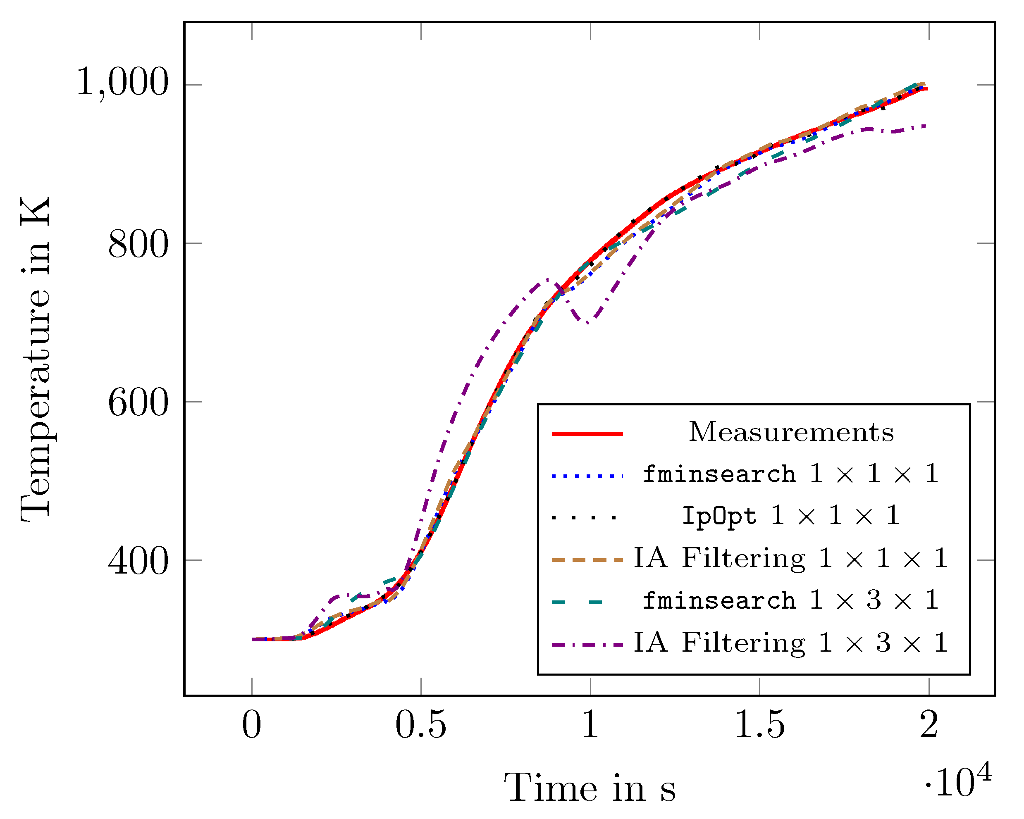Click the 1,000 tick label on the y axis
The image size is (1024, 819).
(x=122, y=82)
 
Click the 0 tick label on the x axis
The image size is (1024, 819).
(x=252, y=726)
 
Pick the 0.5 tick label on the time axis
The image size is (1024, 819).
(x=421, y=726)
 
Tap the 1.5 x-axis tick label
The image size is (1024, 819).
(x=759, y=726)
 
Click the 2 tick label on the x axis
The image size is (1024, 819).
(x=929, y=726)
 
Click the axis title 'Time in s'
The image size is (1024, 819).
(x=590, y=788)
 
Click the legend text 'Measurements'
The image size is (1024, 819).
(x=791, y=432)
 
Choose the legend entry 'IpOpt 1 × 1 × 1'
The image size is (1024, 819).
(x=791, y=516)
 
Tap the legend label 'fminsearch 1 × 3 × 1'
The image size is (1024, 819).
(x=791, y=600)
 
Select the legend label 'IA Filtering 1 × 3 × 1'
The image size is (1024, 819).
(x=791, y=643)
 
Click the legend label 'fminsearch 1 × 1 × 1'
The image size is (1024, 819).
(x=791, y=474)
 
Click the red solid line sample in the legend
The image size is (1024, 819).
(x=587, y=434)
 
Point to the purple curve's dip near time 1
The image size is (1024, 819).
(x=588, y=323)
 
